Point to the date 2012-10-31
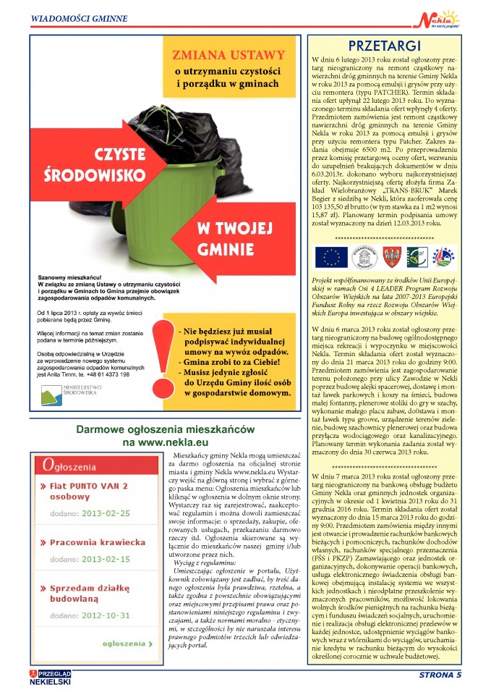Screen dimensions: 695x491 point(105,615)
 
